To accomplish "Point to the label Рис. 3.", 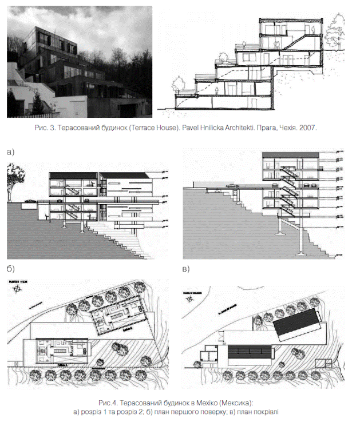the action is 45,129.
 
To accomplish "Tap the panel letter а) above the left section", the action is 10,152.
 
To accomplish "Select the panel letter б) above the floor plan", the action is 10,269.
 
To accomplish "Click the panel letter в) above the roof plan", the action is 185,269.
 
